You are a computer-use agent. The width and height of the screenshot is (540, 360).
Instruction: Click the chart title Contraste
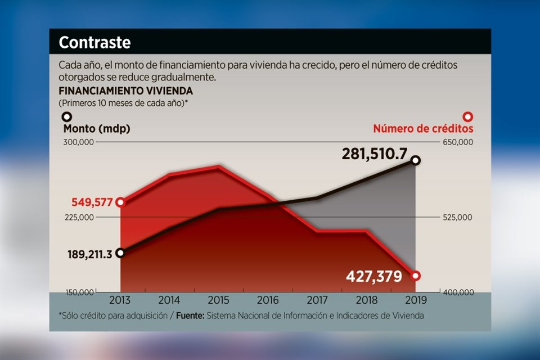pyautogui.click(x=94, y=42)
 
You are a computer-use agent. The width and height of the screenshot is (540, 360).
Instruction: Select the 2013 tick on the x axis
pyautogui.click(x=120, y=301)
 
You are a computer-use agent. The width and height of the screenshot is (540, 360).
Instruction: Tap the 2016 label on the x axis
pyautogui.click(x=268, y=301)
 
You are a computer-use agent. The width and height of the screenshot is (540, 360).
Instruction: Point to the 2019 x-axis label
pyautogui.click(x=416, y=301)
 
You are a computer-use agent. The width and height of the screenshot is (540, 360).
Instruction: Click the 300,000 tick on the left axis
pyautogui.click(x=79, y=143)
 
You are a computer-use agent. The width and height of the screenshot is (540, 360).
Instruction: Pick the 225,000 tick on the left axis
pyautogui.click(x=79, y=218)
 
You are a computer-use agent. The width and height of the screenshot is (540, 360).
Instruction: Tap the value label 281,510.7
pyautogui.click(x=374, y=154)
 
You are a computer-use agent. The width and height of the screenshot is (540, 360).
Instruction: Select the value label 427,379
pyautogui.click(x=373, y=277)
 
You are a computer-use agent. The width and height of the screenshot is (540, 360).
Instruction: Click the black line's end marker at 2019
pyautogui.click(x=416, y=161)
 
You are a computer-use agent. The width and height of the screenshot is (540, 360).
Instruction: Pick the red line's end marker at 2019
pyautogui.click(x=416, y=276)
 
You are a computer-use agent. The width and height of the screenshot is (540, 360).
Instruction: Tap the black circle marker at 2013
pyautogui.click(x=120, y=253)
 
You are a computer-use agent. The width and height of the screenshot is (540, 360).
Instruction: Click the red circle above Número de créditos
pyautogui.click(x=467, y=117)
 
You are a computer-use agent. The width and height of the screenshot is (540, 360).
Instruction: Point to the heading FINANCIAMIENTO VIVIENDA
pyautogui.click(x=126, y=91)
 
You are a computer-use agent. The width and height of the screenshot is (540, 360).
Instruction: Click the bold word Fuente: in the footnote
pyautogui.click(x=190, y=316)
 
